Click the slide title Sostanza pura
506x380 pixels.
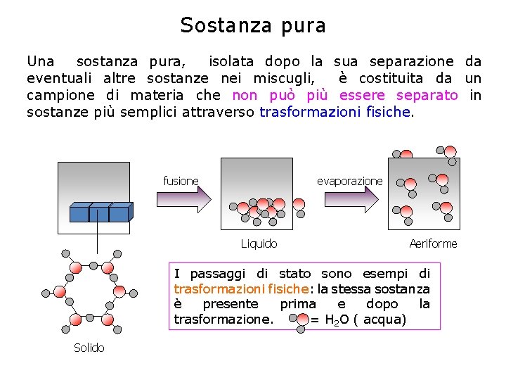coord(253,25)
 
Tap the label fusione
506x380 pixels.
coord(181,182)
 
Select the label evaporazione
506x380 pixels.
coord(349,182)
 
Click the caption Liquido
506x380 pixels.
coord(259,243)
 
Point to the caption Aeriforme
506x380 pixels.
coord(433,243)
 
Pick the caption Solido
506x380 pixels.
coord(89,348)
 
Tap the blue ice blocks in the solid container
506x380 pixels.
coord(100,212)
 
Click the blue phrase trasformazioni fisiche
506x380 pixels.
coord(334,111)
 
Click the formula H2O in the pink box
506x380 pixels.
coord(337,320)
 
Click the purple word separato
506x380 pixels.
coord(427,95)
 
